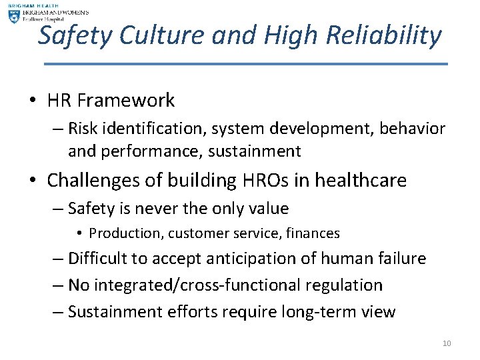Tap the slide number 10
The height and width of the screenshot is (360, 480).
click(x=446, y=343)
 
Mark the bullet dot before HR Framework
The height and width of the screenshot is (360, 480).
click(x=33, y=101)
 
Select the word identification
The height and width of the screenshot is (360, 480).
click(x=153, y=128)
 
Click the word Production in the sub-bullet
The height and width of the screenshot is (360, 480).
click(x=122, y=233)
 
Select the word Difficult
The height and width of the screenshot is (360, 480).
click(x=99, y=258)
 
